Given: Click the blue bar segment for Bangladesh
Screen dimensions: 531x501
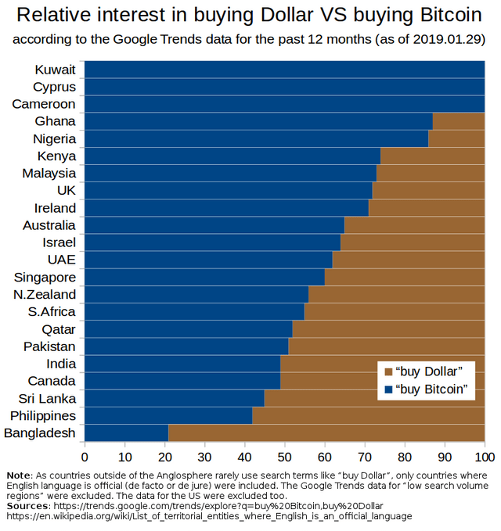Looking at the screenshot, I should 126,433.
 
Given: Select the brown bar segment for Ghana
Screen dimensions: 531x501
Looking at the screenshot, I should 459,121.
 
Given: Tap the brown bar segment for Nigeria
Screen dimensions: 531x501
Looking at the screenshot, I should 456,138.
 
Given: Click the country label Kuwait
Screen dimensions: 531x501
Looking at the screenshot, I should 56,70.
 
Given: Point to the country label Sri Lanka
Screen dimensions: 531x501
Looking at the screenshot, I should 48,398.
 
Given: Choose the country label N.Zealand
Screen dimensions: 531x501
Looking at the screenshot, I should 45,294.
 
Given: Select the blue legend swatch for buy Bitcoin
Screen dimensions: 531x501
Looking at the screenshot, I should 387,388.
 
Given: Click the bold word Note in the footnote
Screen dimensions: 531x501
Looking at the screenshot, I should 19,475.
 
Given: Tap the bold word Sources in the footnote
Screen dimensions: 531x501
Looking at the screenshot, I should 26,506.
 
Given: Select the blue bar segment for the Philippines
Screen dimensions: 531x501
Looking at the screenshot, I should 168,415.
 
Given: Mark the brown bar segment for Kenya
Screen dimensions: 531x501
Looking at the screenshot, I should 432,156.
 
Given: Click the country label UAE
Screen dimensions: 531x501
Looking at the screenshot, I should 61,260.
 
